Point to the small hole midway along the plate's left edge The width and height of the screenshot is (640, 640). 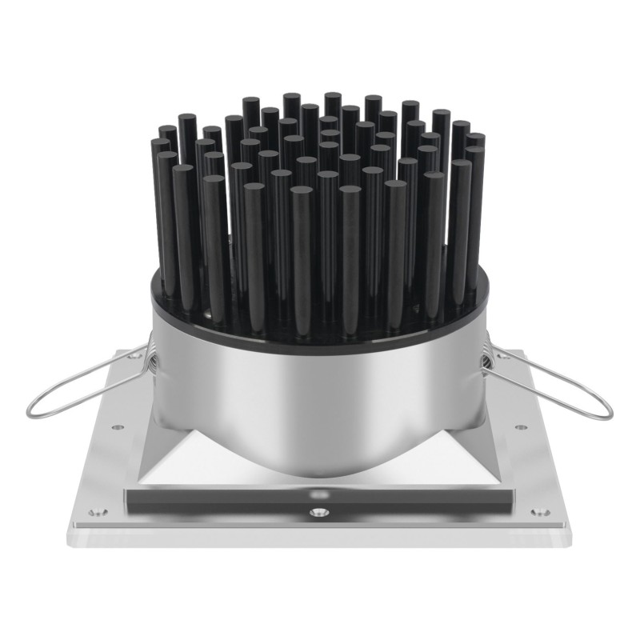(x=118, y=428)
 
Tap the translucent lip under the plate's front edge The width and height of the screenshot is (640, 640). (x=320, y=537)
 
